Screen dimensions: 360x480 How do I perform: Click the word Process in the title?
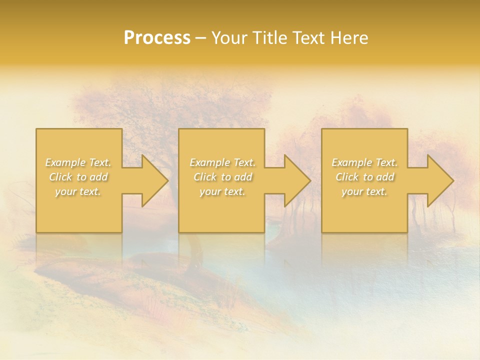coord(157,38)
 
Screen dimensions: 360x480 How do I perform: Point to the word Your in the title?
coord(229,38)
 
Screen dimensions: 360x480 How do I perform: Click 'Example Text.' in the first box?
coord(78,162)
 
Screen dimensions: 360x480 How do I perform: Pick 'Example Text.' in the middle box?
coord(222,162)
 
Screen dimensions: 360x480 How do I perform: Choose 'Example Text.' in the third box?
coord(364,162)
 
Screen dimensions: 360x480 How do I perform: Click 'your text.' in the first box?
coord(78,191)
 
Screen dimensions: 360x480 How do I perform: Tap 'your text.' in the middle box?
coord(222,191)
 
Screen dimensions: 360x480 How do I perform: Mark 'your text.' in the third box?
coord(364,191)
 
